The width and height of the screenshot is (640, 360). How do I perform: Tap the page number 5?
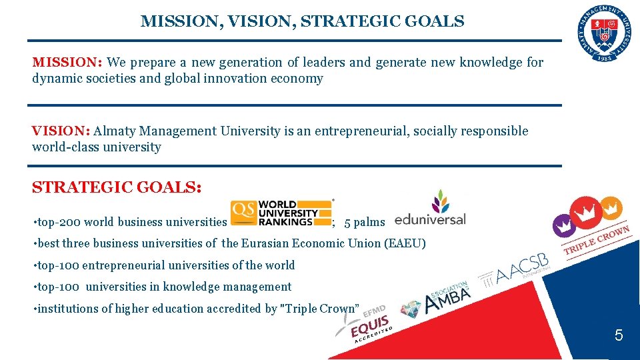pos(619,335)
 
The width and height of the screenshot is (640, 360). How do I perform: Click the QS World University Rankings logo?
pos(281,213)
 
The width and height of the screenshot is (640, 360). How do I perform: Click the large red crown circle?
pos(585,213)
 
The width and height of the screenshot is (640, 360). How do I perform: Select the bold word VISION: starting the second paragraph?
pos(61,131)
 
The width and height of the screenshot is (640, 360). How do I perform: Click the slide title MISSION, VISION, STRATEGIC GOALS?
pos(302,21)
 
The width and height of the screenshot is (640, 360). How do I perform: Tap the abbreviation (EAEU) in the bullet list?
pos(405,243)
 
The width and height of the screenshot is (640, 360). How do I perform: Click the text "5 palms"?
pos(365,222)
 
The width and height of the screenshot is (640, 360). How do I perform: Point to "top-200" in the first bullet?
pos(57,222)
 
